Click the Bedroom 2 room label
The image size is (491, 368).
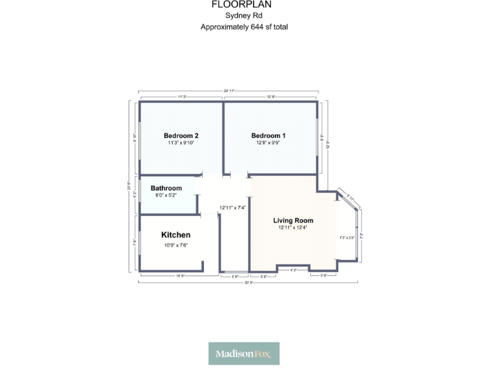[181, 135]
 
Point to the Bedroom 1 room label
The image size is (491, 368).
[269, 135]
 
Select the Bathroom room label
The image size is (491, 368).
[166, 188]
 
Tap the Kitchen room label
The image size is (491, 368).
[176, 235]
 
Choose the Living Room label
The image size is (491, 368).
[293, 220]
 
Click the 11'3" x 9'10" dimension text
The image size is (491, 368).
[181, 143]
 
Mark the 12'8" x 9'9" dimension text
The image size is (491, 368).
[269, 143]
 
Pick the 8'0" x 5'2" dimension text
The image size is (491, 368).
[166, 195]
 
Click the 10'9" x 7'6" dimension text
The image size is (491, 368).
[176, 245]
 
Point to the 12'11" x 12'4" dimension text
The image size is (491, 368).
[293, 228]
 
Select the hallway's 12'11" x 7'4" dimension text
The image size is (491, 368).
[233, 208]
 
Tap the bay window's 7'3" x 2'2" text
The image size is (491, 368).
[347, 238]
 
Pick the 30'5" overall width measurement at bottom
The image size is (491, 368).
[247, 282]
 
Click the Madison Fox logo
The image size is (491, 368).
[244, 353]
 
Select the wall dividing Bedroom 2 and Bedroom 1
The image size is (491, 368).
[222, 137]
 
